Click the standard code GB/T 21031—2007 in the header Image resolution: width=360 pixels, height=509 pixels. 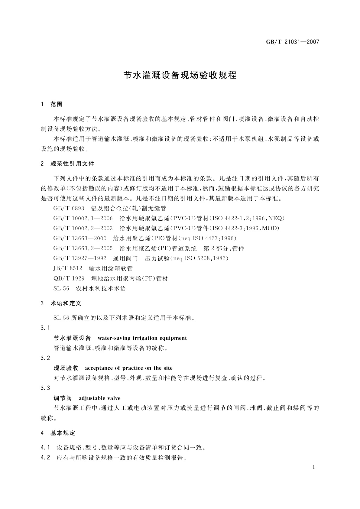pyautogui.click(x=292, y=42)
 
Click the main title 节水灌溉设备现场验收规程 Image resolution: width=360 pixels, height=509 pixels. pyautogui.click(x=180, y=76)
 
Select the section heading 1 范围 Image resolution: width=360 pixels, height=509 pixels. pyautogui.click(x=52, y=104)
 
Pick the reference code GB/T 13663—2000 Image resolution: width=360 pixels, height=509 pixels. pyautogui.click(x=80, y=238)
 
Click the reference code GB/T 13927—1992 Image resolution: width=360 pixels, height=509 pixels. pyautogui.click(x=80, y=258)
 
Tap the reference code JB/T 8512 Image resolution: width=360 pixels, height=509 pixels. pyautogui.click(x=68, y=268)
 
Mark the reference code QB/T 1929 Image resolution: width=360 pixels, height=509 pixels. pyautogui.click(x=69, y=278)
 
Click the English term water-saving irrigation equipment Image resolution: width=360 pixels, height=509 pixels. pyautogui.click(x=142, y=338)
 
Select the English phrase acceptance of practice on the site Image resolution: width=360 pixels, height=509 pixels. pyautogui.click(x=129, y=368)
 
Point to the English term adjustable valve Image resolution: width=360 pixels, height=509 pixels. pyautogui.click(x=99, y=398)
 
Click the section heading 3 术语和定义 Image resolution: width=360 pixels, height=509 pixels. pyautogui.click(x=61, y=303)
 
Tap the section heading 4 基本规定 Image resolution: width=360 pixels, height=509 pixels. pyautogui.click(x=58, y=433)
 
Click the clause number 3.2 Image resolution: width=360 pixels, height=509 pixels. pyautogui.click(x=45, y=358)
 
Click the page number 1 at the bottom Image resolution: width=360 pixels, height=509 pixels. pyautogui.click(x=314, y=467)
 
